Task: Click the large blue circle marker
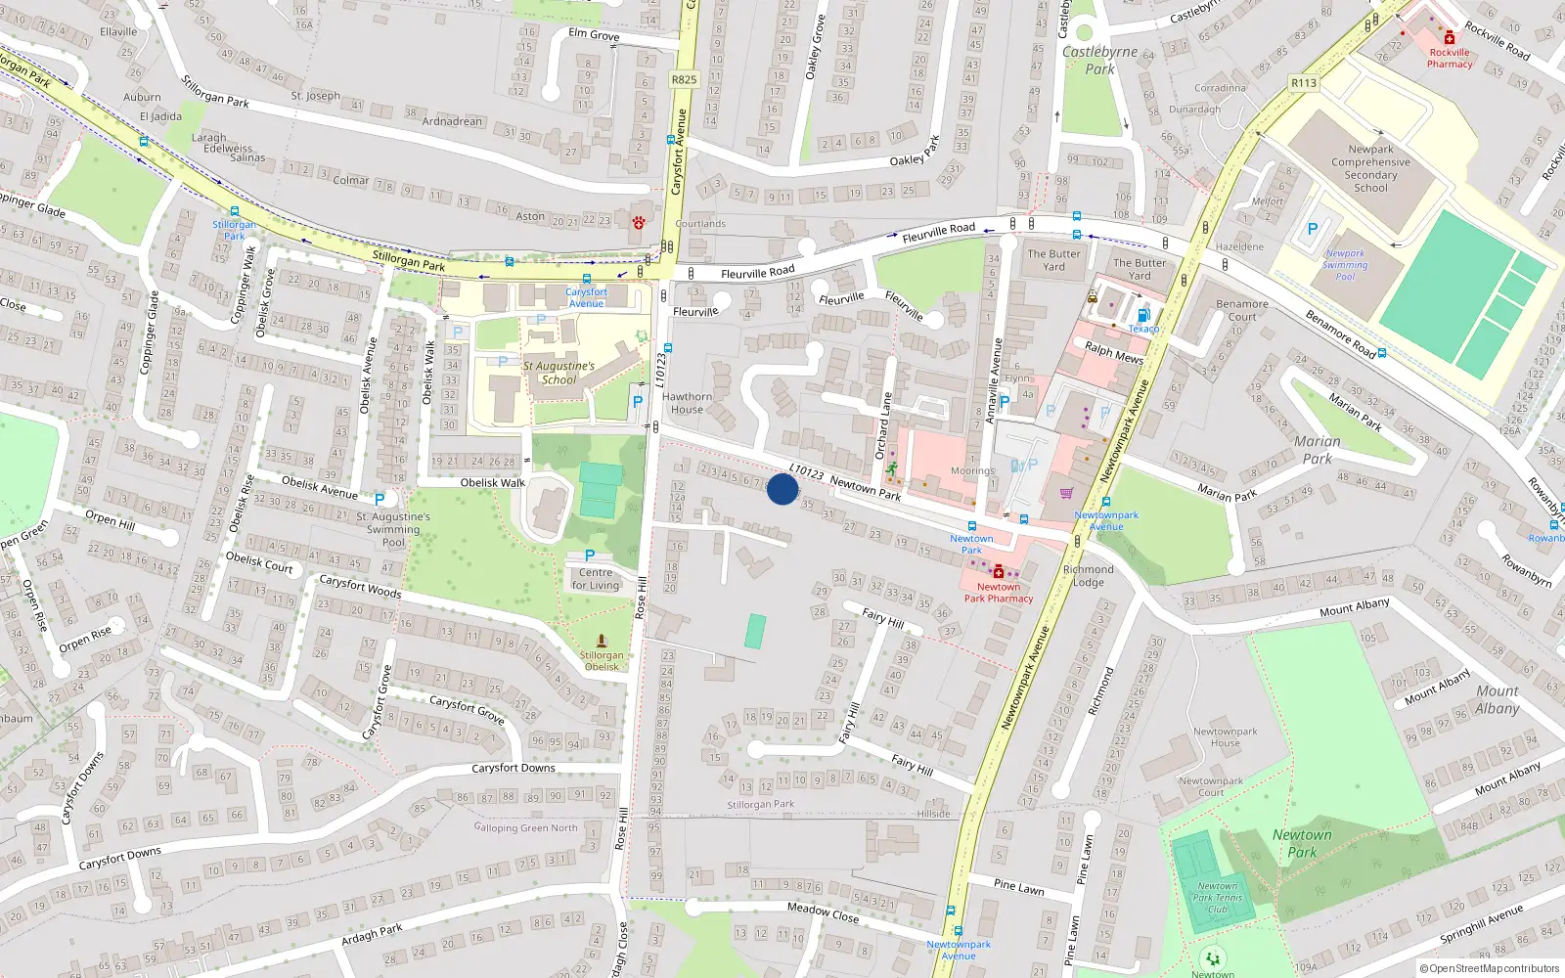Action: [x=782, y=489]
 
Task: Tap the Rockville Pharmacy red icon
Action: [x=1450, y=38]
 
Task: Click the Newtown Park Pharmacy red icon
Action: [x=998, y=571]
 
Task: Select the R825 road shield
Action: [x=685, y=80]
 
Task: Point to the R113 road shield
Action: [x=1303, y=83]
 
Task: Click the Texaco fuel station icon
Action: [x=1142, y=315]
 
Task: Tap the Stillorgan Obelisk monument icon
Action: [x=601, y=641]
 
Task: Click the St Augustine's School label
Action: [x=559, y=373]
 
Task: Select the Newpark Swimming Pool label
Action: [x=1345, y=264]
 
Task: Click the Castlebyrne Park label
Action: [x=1099, y=60]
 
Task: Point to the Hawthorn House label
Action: [x=687, y=403]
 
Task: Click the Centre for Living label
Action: [x=596, y=579]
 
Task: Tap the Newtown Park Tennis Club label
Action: [x=1217, y=897]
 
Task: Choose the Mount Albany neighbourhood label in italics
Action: [x=1497, y=699]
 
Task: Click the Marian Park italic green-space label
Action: [x=1318, y=450]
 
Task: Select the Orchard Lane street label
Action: [x=883, y=425]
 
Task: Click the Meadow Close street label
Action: [x=823, y=912]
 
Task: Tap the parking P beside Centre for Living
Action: [x=590, y=556]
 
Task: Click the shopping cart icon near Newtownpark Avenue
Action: [x=1065, y=494]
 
